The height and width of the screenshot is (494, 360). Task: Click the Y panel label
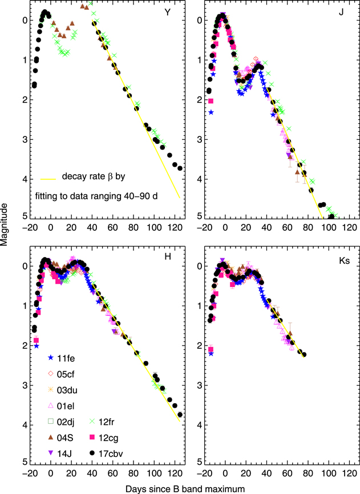click(x=167, y=12)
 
